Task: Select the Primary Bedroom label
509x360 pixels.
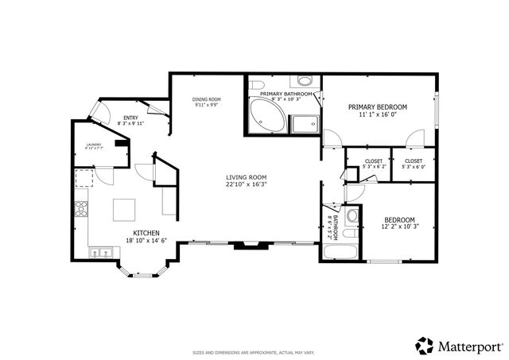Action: [x=378, y=106]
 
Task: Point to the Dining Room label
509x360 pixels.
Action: [x=206, y=99]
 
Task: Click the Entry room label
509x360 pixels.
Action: [x=130, y=118]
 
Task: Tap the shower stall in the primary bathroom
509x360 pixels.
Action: [x=303, y=123]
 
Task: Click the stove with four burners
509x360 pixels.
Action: [x=80, y=211]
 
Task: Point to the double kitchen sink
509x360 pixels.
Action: [x=100, y=254]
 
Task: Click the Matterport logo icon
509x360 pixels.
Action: [x=425, y=346]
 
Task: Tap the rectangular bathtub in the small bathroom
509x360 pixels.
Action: [x=340, y=254]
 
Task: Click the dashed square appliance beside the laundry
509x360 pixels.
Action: [x=84, y=177]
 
